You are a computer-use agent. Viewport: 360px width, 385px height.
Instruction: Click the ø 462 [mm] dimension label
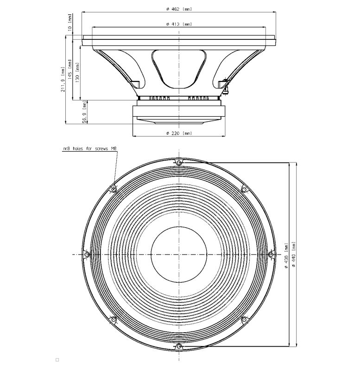coord(179,9)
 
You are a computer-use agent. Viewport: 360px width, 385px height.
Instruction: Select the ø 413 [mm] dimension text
coord(179,24)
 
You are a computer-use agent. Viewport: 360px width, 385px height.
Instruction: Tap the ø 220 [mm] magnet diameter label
coord(179,133)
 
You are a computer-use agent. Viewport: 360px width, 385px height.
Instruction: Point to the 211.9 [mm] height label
coord(63,79)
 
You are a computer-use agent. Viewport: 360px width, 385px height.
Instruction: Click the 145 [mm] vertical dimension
coord(69,69)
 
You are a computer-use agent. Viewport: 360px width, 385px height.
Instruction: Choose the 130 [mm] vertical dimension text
coord(77,73)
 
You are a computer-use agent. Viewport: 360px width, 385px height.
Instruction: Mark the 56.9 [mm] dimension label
coord(85,112)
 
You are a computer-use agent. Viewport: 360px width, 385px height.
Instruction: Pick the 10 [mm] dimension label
coord(70,22)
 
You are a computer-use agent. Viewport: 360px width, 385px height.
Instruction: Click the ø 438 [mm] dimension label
coord(286,255)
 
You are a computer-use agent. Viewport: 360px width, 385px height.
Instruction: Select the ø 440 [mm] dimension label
coord(294,255)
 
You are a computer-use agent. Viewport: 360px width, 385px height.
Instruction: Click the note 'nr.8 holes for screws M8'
coord(90,149)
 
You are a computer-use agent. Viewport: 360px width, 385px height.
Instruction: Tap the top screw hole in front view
coord(179,162)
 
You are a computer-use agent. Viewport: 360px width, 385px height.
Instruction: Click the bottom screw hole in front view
coord(179,347)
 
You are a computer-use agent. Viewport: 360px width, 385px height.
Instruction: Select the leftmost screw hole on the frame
coord(87,255)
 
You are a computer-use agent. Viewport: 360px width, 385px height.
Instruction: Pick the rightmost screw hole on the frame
coord(271,254)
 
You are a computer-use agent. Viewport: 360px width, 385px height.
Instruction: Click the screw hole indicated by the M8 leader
coord(114,189)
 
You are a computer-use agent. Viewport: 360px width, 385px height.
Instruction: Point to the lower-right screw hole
coord(244,319)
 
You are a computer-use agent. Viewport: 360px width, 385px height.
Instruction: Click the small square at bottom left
coord(57,360)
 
